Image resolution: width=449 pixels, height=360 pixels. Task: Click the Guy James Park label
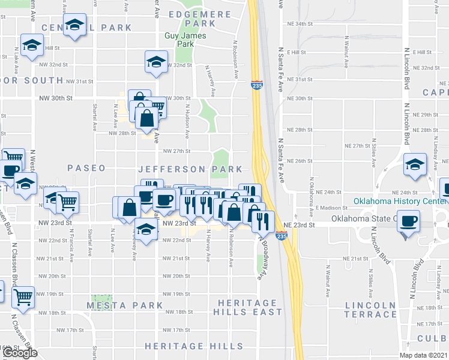point(185,40)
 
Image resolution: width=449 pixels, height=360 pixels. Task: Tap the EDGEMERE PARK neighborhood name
point(192,18)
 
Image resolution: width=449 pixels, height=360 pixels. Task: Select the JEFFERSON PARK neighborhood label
point(190,169)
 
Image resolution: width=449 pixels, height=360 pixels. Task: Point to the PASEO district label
point(86,169)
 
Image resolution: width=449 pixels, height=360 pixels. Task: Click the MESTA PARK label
point(124,305)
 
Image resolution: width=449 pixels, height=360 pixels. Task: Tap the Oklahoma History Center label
point(400,201)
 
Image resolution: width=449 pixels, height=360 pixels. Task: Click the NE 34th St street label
point(301,24)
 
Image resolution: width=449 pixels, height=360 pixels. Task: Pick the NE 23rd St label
point(298,224)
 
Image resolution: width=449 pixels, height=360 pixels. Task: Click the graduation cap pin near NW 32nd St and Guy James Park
point(156,61)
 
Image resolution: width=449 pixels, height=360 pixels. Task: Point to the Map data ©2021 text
point(422,355)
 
